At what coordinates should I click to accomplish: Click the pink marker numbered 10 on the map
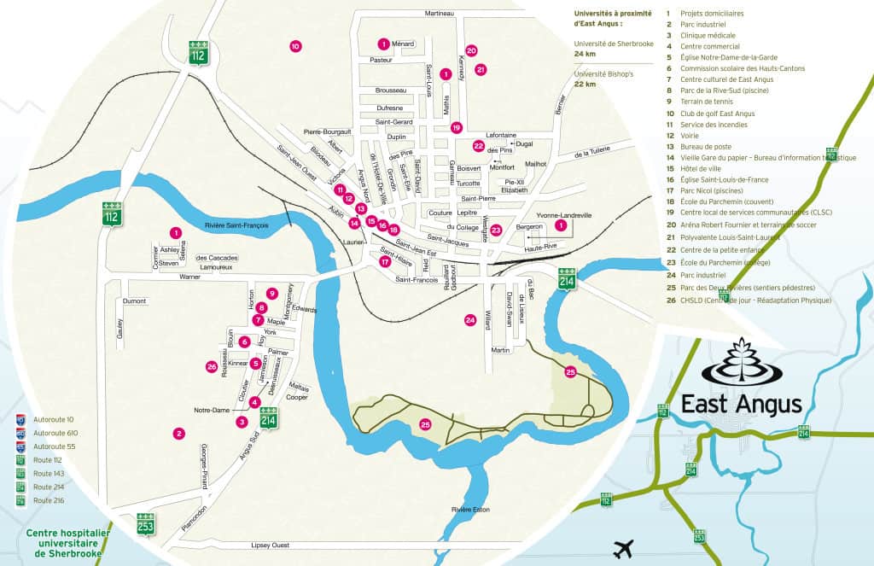[295, 46]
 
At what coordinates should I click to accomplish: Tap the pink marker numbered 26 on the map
[212, 366]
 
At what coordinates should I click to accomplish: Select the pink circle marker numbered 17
[385, 262]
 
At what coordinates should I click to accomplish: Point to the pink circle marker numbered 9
[272, 294]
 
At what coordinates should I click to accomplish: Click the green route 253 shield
[146, 523]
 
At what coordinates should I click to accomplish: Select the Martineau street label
[439, 14]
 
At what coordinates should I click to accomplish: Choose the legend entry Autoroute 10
[53, 420]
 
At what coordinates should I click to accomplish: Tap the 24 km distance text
[585, 53]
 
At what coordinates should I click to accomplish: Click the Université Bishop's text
[603, 74]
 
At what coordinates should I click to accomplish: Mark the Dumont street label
[135, 301]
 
